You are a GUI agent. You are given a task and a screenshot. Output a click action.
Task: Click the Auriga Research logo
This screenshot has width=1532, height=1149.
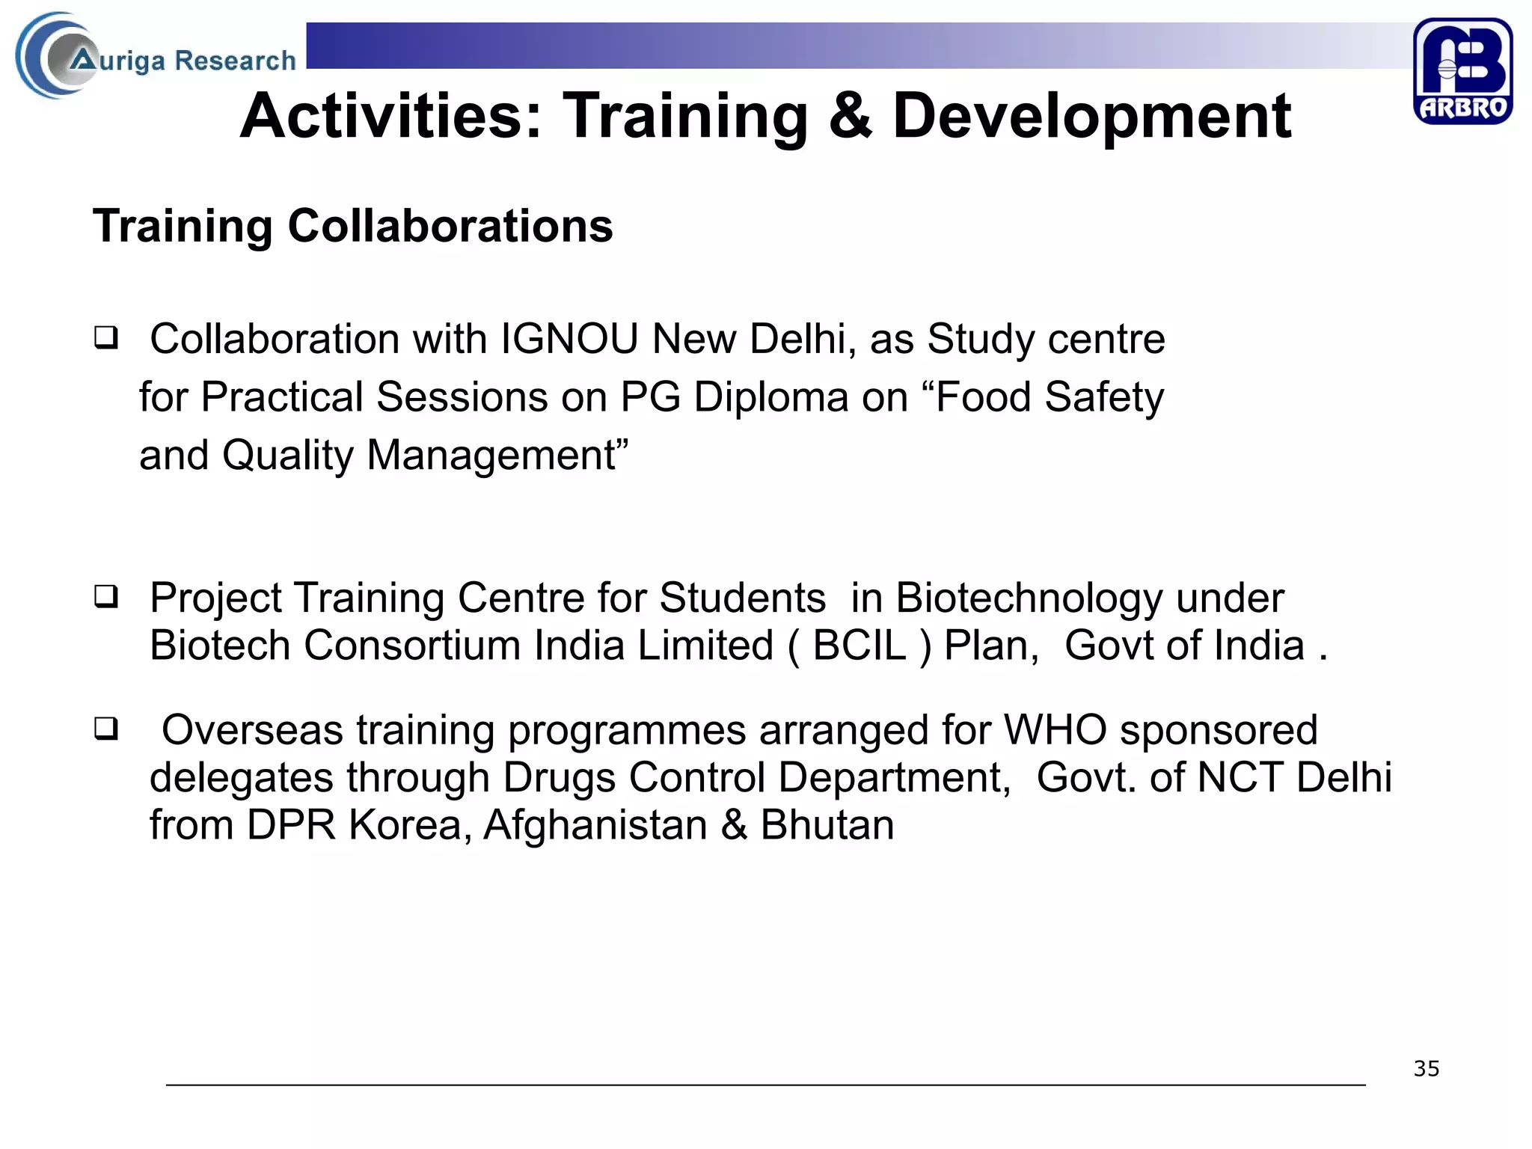click(x=156, y=57)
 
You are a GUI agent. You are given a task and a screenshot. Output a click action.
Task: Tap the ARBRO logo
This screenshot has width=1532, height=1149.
click(x=1462, y=71)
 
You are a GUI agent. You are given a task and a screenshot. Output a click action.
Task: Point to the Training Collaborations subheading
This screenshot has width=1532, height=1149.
click(x=352, y=226)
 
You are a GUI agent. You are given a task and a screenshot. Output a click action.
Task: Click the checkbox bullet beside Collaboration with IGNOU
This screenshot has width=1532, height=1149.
click(x=105, y=338)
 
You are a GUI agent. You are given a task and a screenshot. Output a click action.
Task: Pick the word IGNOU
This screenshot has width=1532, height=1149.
click(x=569, y=339)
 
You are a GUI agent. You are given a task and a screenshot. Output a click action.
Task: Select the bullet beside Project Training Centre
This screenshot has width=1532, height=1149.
click(x=105, y=597)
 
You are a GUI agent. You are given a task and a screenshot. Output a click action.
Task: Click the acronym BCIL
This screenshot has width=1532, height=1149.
click(x=860, y=645)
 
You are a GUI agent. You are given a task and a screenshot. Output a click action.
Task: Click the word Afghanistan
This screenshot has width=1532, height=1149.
click(x=595, y=825)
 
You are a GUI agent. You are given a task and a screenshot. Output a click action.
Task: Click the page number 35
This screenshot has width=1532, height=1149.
click(x=1426, y=1069)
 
